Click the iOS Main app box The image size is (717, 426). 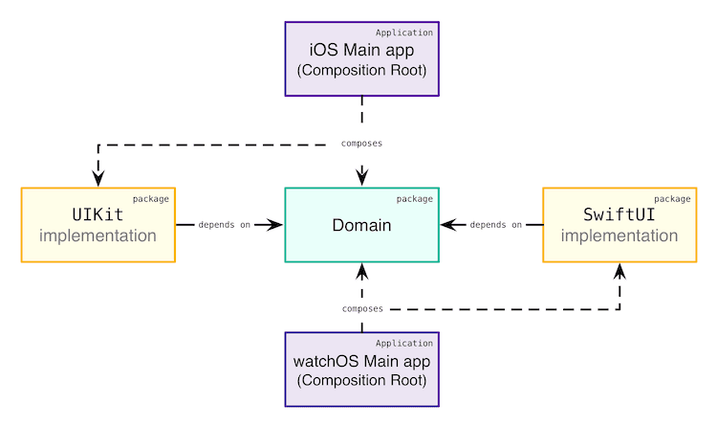coord(362,59)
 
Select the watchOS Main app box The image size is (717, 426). coord(362,370)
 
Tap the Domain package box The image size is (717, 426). coord(362,225)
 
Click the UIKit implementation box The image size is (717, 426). coord(98,225)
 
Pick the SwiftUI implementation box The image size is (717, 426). coord(619,225)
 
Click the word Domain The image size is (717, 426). coord(362,226)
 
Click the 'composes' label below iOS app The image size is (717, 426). coord(362,144)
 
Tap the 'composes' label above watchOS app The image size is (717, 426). coord(362,309)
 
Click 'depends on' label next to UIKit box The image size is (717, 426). coord(225,225)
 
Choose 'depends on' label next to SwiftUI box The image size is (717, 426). coord(496,225)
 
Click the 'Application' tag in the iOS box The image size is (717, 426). coord(404,32)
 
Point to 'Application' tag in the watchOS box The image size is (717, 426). coord(404,343)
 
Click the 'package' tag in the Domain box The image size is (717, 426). coord(414,199)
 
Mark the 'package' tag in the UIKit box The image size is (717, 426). coord(151,199)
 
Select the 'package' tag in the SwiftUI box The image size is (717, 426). coord(672,199)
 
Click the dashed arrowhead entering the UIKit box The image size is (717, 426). coord(98,178)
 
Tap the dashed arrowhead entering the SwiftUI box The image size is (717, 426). coord(619,272)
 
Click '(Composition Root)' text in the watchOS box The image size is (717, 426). coord(362,381)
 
